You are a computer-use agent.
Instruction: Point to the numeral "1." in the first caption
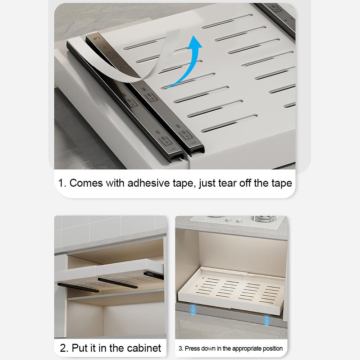coord(63,183)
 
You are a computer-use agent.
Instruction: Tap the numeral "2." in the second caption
coord(64,348)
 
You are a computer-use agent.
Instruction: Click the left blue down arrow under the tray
coord(193,309)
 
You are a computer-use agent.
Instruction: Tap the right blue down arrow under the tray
coord(266,320)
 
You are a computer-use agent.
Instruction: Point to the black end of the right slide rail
coord(155,276)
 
